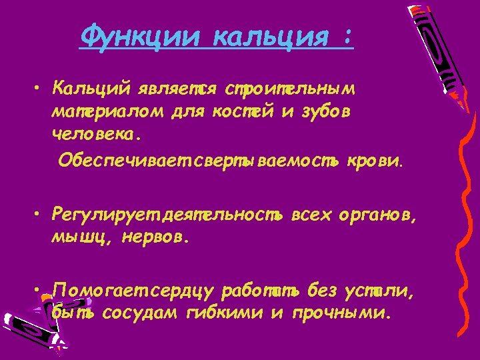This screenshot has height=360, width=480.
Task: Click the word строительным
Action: coord(290,89)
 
